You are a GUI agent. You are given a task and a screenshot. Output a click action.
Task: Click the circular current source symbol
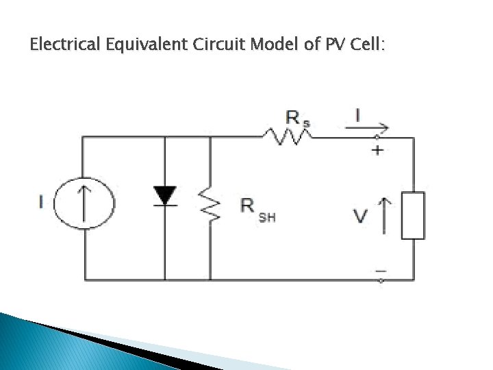[x=85, y=203]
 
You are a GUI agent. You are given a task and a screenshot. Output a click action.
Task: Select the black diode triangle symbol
[x=165, y=196]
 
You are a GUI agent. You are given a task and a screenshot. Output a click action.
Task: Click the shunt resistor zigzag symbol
[x=210, y=203]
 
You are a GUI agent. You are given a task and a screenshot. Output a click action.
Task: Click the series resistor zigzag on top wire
[x=286, y=138]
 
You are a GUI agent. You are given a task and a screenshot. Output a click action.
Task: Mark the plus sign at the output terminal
[x=377, y=150]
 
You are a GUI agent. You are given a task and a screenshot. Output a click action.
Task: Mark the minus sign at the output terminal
[x=380, y=270]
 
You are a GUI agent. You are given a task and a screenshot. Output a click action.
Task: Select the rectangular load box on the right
[x=413, y=215]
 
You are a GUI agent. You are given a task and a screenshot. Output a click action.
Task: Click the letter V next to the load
[x=362, y=217]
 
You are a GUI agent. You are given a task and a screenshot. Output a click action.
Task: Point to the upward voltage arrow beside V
[x=383, y=213]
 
